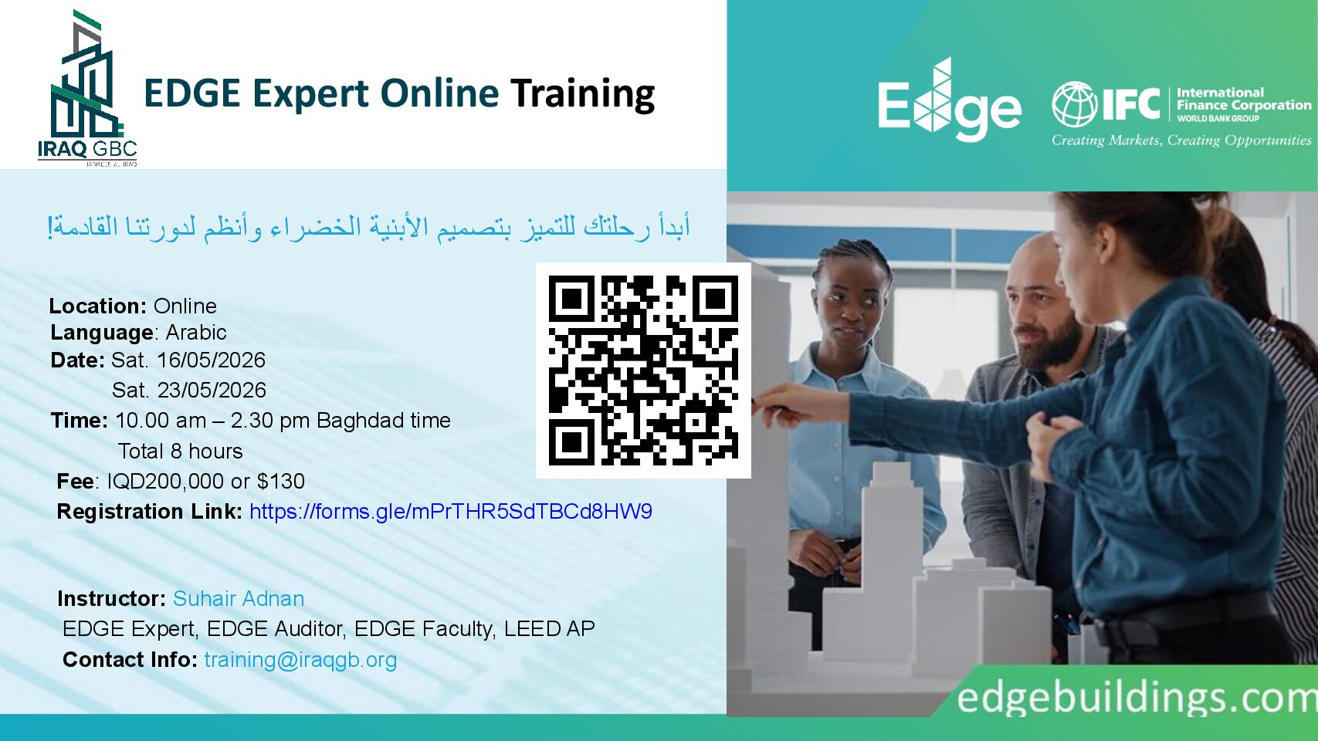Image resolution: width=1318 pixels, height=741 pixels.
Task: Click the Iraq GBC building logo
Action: coord(87,88)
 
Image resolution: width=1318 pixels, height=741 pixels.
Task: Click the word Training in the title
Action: coord(582,94)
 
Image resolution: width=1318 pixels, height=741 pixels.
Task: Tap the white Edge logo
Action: coord(949,100)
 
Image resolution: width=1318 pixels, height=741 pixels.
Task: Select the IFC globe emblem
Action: coord(1074,104)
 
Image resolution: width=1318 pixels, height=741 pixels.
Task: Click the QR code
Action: coord(643,370)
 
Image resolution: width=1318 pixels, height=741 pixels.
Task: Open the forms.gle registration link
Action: coord(451,512)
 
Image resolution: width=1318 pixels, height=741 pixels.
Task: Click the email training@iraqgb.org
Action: coord(300,660)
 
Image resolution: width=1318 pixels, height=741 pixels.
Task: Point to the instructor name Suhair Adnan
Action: coord(239,599)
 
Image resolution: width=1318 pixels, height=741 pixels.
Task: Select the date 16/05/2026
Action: coord(212,360)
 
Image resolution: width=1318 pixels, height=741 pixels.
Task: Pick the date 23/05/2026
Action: coord(212,390)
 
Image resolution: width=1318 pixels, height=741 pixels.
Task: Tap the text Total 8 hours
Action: coord(180,451)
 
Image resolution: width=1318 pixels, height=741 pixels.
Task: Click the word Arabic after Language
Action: coord(196,332)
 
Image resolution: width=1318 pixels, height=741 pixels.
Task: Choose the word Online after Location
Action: coord(185,306)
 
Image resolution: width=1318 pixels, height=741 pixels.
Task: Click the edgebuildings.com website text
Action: coord(1137,698)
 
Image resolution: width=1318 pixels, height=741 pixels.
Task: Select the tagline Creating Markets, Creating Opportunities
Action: coord(1181,140)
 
